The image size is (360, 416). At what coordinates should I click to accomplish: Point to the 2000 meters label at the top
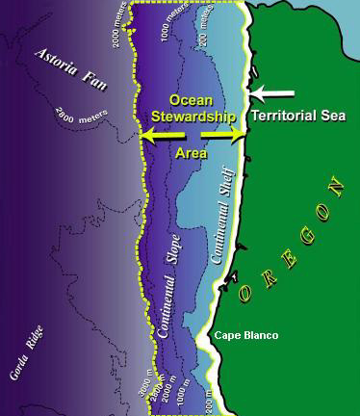(118, 28)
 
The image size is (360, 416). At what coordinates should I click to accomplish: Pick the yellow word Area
(191, 152)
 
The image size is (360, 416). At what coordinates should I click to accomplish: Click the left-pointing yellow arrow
(159, 138)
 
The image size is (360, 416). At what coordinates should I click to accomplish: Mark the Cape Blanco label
(246, 335)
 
